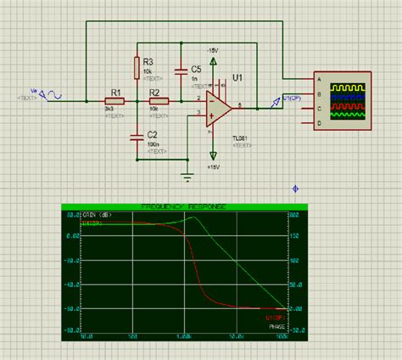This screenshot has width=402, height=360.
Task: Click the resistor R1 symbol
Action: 115,101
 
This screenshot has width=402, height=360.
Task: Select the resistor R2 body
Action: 159,101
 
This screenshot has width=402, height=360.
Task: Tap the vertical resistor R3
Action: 137,66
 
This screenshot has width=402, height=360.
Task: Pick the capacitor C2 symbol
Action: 137,136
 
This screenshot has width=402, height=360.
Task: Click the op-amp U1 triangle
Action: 219,108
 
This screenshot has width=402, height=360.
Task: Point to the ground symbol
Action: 187,177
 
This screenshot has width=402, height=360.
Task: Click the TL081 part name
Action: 243,136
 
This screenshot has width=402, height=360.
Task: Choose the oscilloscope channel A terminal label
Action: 318,82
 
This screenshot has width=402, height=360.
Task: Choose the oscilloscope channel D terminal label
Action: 318,123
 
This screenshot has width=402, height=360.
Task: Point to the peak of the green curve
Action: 193,218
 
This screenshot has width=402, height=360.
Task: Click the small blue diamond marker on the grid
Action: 294,188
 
